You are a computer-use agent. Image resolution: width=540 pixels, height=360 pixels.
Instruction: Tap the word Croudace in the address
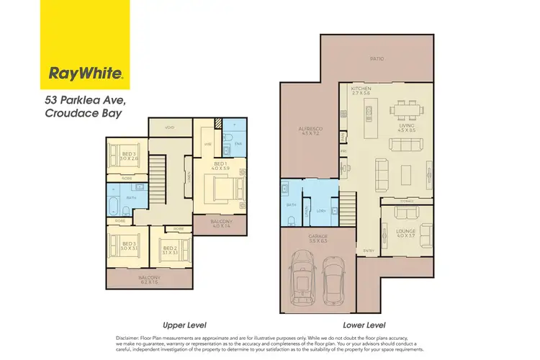click(70, 112)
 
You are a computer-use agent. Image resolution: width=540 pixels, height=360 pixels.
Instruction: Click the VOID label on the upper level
click(170, 127)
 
